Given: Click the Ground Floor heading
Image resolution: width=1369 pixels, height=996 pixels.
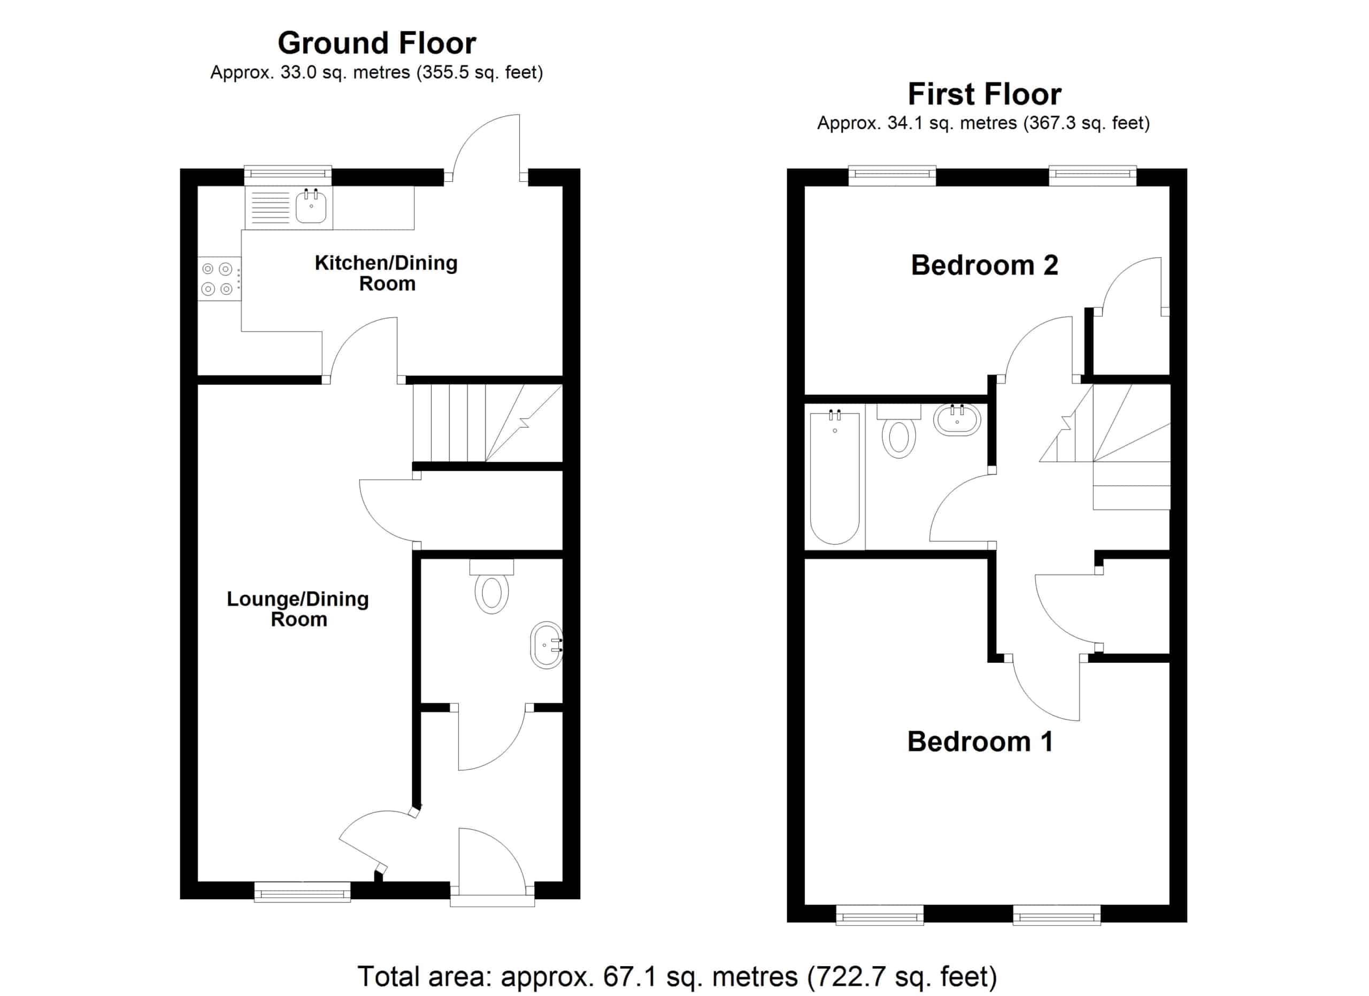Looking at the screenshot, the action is (376, 43).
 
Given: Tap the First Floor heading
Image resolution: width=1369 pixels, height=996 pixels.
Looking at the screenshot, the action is (984, 94).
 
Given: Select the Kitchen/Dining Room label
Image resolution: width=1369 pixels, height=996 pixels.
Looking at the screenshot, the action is (386, 273).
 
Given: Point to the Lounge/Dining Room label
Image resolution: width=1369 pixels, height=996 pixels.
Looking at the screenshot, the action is (298, 609).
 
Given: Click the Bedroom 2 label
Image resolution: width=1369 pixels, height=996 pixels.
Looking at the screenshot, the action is (984, 265).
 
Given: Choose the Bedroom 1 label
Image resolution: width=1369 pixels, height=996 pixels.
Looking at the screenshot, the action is (980, 741).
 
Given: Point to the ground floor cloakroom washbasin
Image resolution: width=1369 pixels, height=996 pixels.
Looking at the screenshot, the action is (547, 645).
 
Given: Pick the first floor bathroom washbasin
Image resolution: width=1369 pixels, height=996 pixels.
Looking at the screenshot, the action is (957, 419).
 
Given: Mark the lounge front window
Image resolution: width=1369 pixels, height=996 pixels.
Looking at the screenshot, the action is (303, 892).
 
